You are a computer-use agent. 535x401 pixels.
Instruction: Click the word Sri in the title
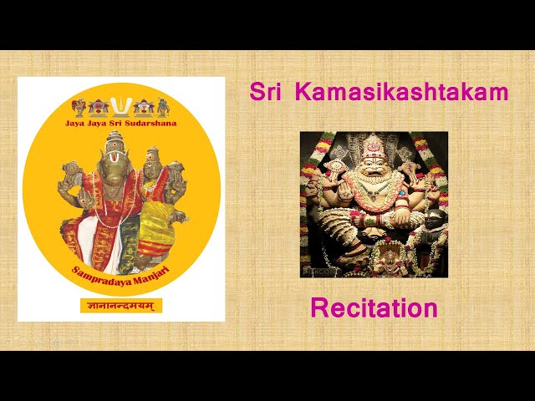tap(264, 92)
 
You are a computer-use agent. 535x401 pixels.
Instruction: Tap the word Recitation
tap(374, 308)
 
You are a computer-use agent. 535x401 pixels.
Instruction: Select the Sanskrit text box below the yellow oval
tap(121, 307)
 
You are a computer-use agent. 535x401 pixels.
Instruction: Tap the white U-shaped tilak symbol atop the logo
tap(122, 106)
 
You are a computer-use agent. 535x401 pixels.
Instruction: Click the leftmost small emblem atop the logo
tap(79, 107)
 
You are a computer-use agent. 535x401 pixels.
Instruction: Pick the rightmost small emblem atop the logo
tap(163, 107)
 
